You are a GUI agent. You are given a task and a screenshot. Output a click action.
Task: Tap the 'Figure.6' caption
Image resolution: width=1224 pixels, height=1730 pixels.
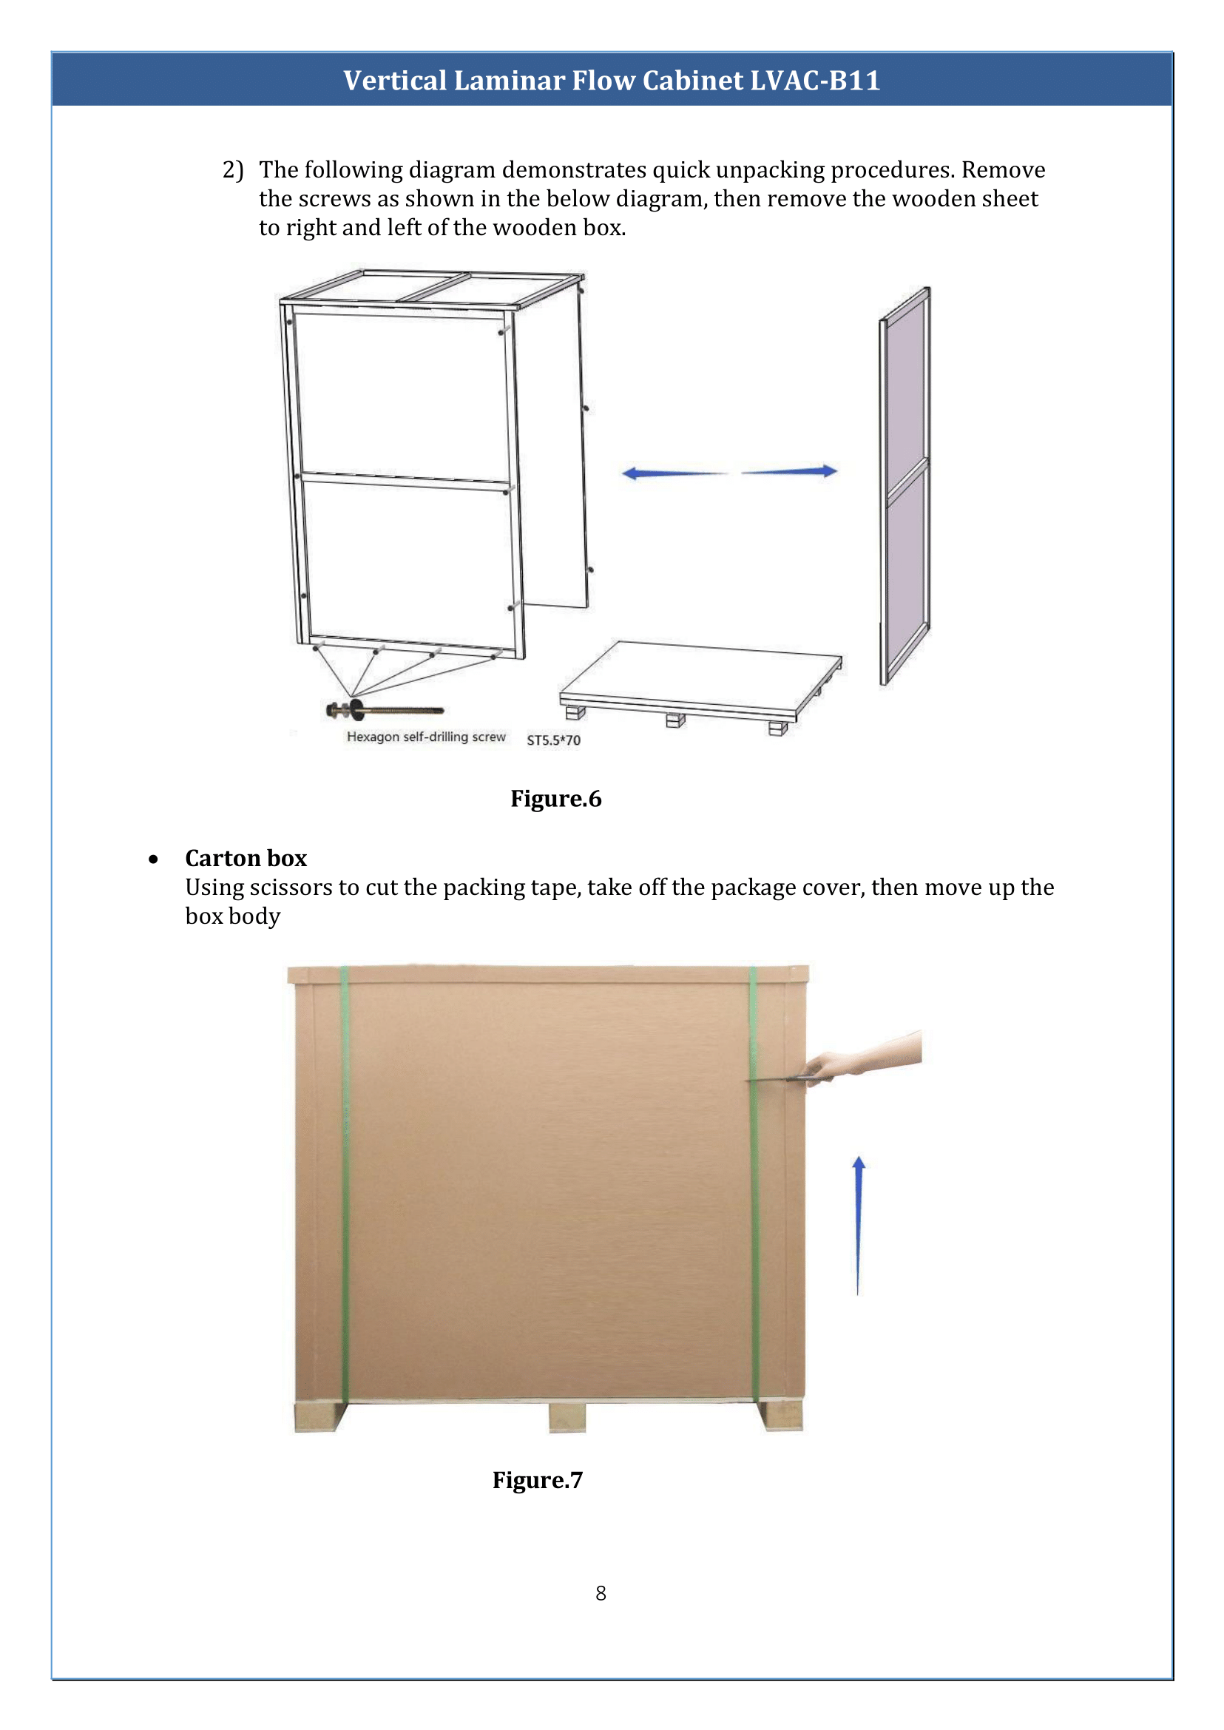(x=555, y=798)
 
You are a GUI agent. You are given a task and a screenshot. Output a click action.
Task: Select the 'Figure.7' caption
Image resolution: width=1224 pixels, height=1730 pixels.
(x=538, y=1480)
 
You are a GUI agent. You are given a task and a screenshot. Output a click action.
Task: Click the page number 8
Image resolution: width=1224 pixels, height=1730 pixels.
(x=601, y=1593)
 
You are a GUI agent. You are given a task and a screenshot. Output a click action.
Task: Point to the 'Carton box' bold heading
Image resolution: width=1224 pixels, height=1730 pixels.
(x=246, y=858)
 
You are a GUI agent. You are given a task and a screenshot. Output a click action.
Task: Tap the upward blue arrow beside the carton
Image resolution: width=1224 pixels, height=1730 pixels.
(x=858, y=1224)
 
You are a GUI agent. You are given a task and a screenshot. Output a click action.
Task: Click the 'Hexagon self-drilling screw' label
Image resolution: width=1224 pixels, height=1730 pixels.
(x=426, y=737)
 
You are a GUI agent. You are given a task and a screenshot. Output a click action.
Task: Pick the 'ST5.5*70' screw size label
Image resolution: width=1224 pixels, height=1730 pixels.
(x=553, y=740)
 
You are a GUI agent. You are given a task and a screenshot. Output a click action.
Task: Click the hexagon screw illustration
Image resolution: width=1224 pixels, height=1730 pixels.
(x=385, y=709)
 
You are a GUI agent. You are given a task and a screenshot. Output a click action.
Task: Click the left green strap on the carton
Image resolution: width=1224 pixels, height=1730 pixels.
(x=345, y=1183)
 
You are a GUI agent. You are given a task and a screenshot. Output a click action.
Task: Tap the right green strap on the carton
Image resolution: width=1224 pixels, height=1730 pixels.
(x=753, y=1183)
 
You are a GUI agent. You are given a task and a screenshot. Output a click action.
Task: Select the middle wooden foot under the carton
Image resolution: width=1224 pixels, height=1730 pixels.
(x=567, y=1416)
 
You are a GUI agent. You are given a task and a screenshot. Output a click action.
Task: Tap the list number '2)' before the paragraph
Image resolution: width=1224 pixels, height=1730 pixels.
(x=233, y=169)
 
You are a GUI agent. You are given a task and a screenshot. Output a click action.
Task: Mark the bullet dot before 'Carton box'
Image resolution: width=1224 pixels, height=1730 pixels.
(x=154, y=859)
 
